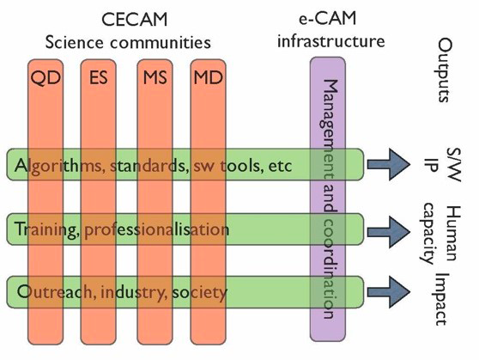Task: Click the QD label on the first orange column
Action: [45, 78]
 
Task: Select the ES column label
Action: [99, 77]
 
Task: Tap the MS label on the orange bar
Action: [155, 77]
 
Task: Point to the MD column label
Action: [208, 77]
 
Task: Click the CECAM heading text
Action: [135, 20]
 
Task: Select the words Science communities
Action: [128, 42]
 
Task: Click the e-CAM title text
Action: [327, 18]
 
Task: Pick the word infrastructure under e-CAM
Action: [330, 40]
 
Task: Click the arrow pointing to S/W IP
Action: [389, 165]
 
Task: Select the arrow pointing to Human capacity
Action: [389, 232]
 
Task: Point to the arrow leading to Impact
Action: [389, 292]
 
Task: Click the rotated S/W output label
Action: [453, 165]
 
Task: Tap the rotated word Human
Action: [453, 233]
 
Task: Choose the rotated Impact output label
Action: [441, 299]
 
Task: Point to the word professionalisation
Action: [157, 230]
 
